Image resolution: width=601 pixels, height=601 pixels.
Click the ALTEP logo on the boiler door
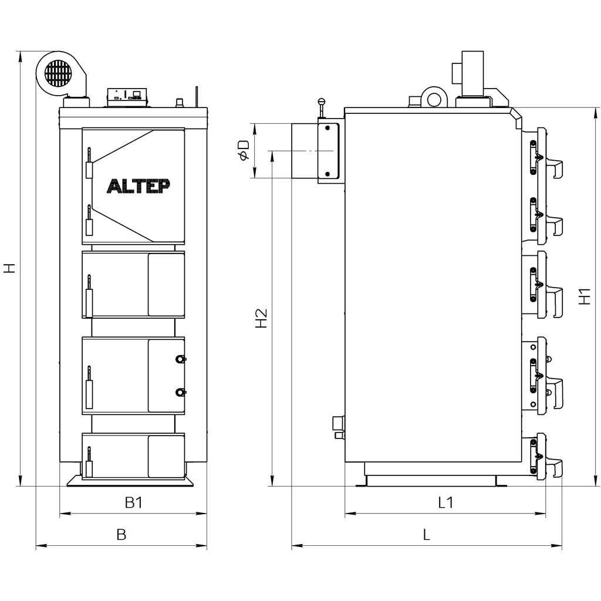(138, 186)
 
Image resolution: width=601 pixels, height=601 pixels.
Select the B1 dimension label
(134, 502)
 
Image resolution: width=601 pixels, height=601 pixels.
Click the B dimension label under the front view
(121, 534)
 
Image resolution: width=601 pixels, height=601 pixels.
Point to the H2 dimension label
(261, 318)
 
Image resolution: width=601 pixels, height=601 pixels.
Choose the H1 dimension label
(585, 296)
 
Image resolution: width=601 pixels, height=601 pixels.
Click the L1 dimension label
(445, 502)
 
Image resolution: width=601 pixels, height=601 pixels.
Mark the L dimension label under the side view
(427, 534)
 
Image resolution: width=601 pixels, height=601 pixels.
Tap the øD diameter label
(244, 150)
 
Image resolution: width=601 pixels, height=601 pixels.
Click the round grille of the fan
(58, 73)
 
